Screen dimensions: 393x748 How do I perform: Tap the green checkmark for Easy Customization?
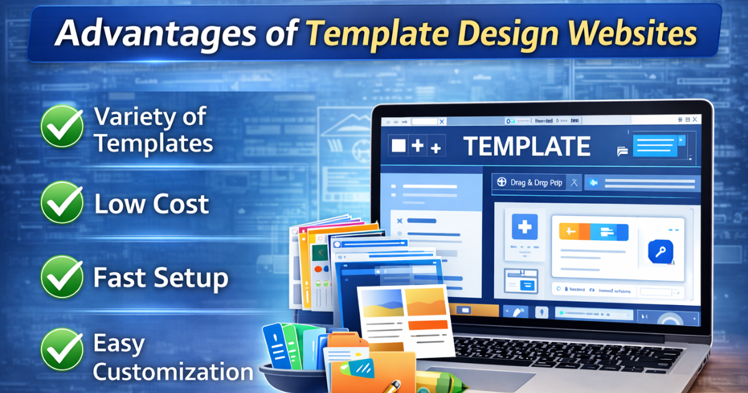pos(62,350)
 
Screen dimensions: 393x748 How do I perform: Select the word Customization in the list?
pos(173,372)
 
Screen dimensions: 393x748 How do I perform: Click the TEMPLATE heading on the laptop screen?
pos(527,147)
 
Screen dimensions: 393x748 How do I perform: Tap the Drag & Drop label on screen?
pos(529,183)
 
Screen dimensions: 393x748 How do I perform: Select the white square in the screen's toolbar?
pos(398,146)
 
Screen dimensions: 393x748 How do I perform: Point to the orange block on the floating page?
pos(426,301)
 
